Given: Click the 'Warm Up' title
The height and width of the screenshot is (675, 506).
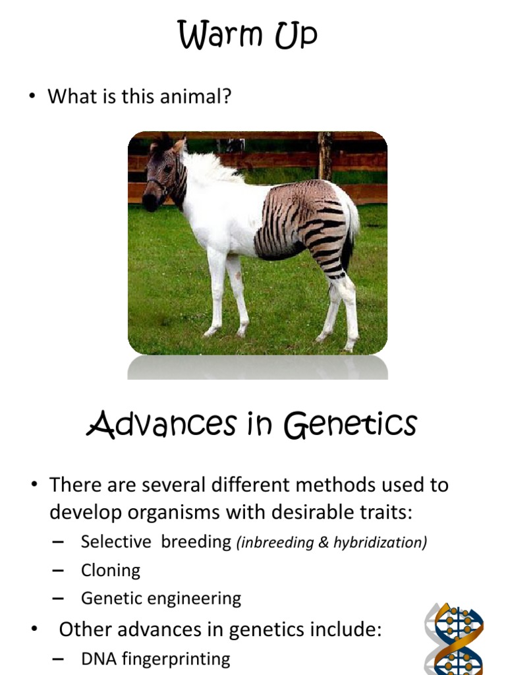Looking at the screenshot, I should [248, 36].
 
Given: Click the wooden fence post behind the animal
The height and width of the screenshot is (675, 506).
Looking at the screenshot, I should [324, 156].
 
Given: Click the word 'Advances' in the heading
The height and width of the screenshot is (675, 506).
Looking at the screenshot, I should [161, 425].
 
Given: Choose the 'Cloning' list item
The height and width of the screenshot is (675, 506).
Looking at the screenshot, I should [111, 570].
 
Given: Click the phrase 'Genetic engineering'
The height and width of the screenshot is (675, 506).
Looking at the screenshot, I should [161, 599].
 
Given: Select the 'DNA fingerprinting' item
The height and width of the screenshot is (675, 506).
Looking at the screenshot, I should [155, 658].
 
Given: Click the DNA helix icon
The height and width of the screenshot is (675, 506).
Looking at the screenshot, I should [455, 638].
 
